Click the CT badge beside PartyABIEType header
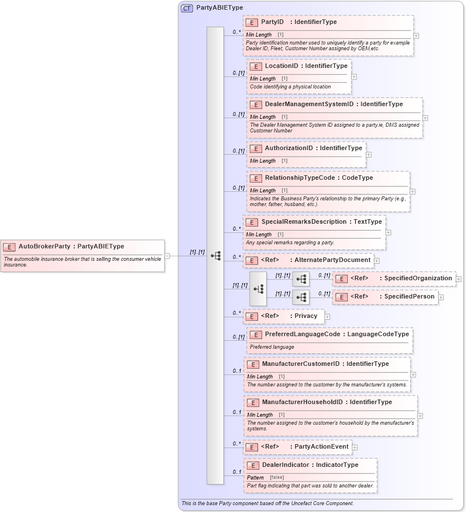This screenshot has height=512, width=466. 187,8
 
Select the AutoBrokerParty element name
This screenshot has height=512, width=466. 45,247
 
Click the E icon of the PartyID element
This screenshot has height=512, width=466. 252,22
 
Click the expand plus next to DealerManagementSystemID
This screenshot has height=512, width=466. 425,118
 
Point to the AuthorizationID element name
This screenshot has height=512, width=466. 289,148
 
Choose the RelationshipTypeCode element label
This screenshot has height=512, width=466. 299,178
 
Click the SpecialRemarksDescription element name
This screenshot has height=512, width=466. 304,221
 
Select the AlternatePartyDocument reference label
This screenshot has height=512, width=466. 332,260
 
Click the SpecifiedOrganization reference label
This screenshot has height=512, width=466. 418,278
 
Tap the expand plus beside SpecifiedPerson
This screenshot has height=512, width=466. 441,297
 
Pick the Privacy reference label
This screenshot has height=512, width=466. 306,316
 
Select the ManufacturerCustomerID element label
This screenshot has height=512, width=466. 301,364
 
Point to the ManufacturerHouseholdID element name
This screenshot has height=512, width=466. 303,402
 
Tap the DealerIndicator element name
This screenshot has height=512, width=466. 286,465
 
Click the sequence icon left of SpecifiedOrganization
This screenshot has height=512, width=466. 301,279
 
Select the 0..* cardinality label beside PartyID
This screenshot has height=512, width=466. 236,33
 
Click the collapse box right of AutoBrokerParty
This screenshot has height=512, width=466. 167,256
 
